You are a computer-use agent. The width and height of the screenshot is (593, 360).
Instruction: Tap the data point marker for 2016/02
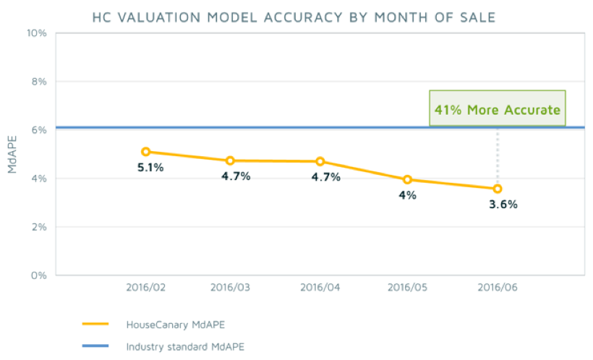[x=145, y=152]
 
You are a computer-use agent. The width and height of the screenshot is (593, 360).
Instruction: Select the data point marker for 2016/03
[x=230, y=160]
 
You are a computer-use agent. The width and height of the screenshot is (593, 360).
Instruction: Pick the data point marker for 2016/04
[x=320, y=161]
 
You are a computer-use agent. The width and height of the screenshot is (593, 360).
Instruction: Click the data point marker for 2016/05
[x=407, y=179]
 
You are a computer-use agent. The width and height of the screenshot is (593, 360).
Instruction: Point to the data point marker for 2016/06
[x=497, y=189]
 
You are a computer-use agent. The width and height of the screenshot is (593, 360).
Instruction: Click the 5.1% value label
[x=150, y=168]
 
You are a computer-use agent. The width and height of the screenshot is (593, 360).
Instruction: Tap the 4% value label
[x=407, y=195]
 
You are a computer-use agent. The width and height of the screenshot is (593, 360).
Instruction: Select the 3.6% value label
[x=503, y=205]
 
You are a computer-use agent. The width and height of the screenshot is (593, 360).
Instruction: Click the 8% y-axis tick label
[x=38, y=82]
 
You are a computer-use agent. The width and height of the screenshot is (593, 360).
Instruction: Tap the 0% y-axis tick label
[x=38, y=275]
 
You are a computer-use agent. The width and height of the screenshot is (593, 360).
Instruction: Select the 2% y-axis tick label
[x=38, y=227]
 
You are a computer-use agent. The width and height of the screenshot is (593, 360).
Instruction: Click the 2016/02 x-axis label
[x=146, y=287]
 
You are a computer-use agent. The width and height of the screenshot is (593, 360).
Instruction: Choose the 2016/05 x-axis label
[x=408, y=287]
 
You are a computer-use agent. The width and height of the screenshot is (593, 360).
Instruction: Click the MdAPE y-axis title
[x=12, y=154]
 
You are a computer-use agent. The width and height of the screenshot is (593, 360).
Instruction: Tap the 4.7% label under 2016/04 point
[x=325, y=177]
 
